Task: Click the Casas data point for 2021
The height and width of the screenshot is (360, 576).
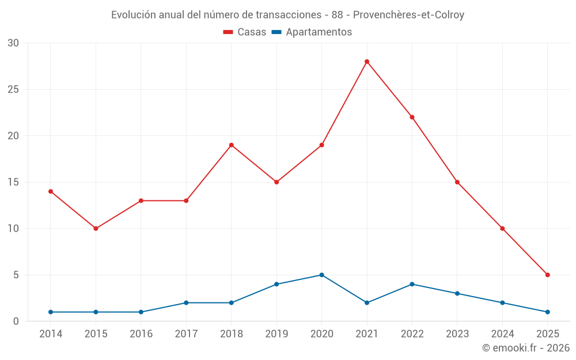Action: click(x=367, y=62)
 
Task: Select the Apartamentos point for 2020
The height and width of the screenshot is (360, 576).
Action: click(x=321, y=275)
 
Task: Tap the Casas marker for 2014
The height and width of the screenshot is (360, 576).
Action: click(x=51, y=191)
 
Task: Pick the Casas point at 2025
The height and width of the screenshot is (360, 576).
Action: click(x=547, y=275)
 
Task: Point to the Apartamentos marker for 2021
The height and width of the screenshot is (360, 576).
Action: click(x=367, y=302)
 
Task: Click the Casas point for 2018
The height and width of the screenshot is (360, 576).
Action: click(x=232, y=145)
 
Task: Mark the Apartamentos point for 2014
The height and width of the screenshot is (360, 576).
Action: click(x=51, y=312)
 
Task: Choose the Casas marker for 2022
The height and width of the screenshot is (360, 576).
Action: click(x=412, y=117)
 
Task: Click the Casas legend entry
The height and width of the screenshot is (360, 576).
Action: click(x=245, y=32)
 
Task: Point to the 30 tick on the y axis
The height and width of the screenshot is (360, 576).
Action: click(x=13, y=43)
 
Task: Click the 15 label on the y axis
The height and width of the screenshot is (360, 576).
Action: click(x=13, y=182)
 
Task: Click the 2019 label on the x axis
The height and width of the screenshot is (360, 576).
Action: click(x=276, y=334)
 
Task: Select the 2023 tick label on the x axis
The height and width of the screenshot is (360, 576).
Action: click(x=457, y=334)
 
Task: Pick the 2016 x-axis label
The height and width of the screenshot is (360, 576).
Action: click(x=141, y=334)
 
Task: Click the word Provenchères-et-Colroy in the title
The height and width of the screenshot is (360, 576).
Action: click(x=408, y=15)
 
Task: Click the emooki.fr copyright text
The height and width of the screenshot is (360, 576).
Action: click(x=526, y=348)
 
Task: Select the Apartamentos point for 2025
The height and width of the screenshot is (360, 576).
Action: click(x=547, y=312)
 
